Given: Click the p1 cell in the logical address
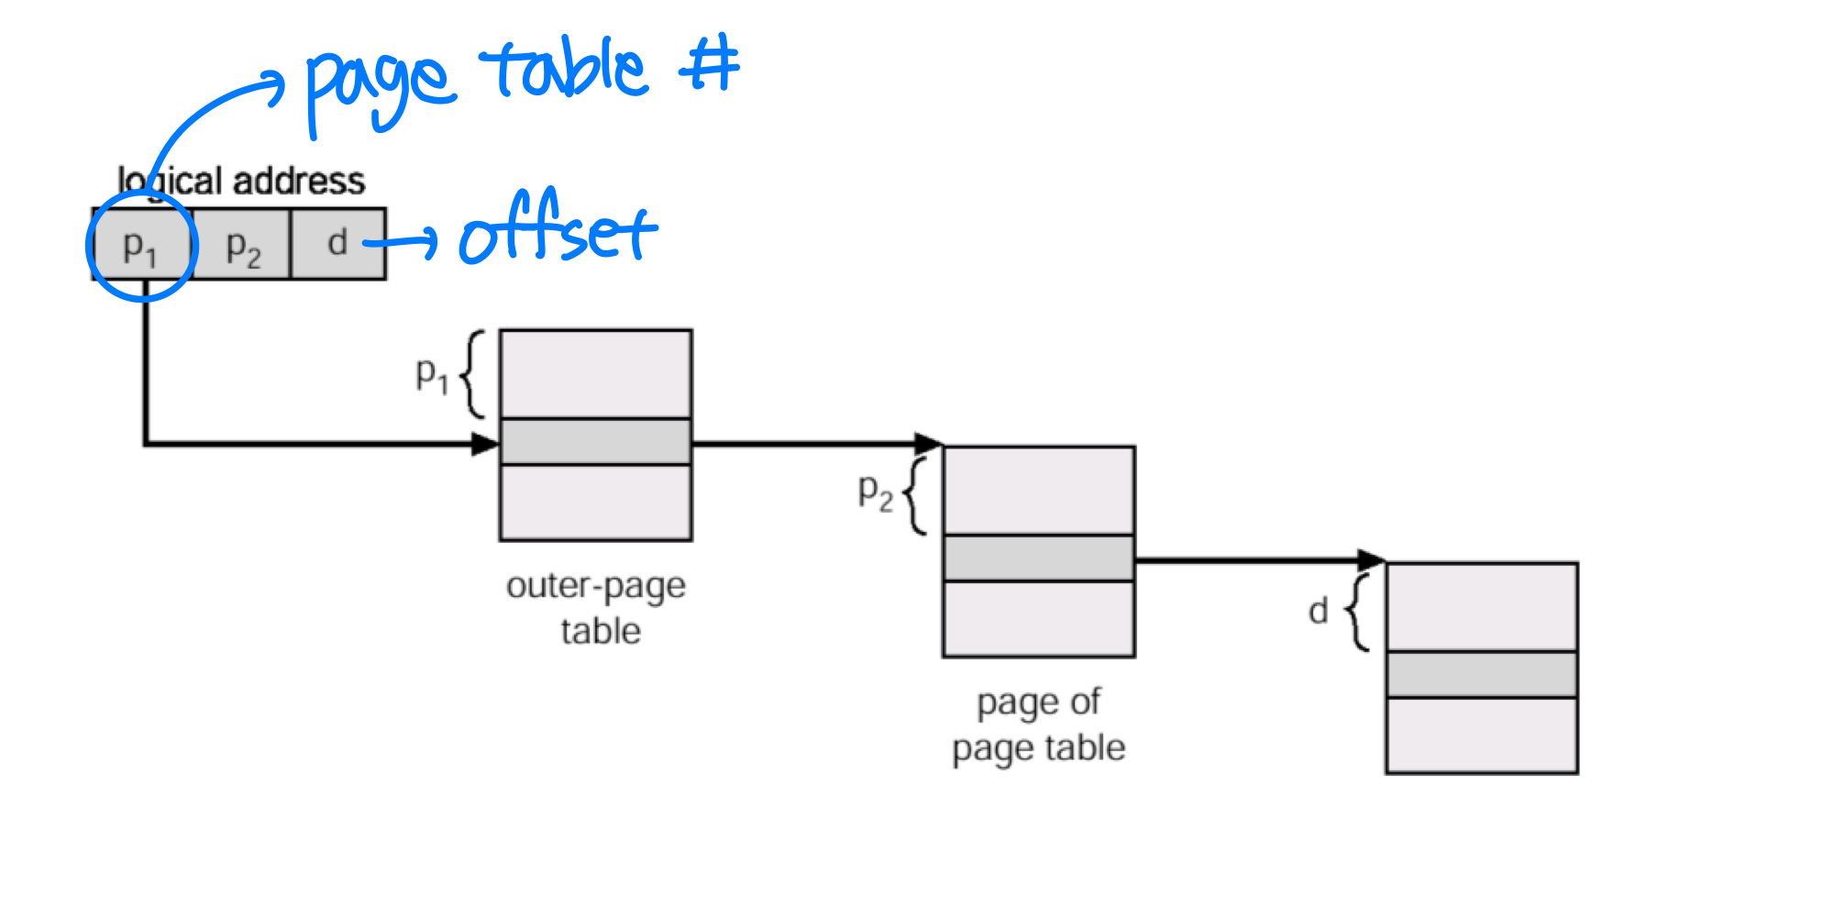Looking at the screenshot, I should click(141, 245).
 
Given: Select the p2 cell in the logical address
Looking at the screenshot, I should click(243, 245).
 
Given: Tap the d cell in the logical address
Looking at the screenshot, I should click(337, 243).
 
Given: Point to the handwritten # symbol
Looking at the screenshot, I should click(711, 64).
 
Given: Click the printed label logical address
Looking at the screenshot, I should click(242, 181).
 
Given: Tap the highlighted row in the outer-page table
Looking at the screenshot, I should click(595, 442).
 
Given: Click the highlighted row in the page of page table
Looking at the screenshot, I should click(1039, 558).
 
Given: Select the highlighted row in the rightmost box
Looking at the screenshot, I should click(1482, 674).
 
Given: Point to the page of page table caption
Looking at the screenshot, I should click(1039, 724).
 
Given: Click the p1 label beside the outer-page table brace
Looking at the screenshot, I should click(432, 374).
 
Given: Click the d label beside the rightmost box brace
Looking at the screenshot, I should click(1318, 610).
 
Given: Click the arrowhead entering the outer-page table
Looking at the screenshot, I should click(485, 445).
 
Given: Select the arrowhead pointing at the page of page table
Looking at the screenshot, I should click(929, 444).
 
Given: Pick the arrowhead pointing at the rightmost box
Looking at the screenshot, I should click(1372, 559).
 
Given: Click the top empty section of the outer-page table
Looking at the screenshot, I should click(595, 374).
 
